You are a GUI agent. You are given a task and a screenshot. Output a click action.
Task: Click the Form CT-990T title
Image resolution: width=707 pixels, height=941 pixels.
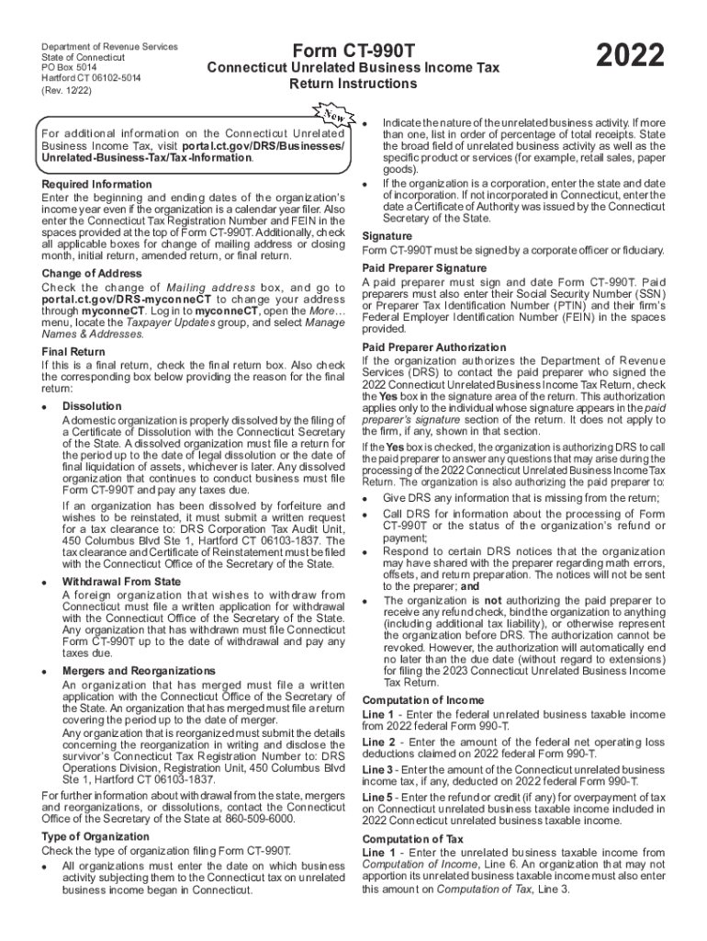pos(353,51)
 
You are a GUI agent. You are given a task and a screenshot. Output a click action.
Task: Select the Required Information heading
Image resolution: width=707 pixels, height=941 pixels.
pos(96,185)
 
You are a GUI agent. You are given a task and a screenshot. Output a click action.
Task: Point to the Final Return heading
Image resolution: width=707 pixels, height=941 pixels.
pos(73,352)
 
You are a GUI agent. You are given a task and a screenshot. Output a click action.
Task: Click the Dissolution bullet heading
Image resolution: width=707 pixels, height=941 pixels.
pos(92,406)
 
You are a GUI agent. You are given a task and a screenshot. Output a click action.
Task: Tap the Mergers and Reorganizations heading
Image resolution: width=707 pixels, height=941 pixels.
pos(139,671)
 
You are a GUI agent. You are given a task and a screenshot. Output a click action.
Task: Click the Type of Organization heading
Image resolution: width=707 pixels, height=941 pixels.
pos(95,836)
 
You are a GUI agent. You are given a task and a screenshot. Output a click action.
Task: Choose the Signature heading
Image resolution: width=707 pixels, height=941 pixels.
pos(387,236)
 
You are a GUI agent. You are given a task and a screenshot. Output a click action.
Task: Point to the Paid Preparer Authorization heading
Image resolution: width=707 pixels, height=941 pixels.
pos(434,347)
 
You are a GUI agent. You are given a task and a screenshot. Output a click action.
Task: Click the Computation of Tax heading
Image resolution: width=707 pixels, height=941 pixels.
pos(412,840)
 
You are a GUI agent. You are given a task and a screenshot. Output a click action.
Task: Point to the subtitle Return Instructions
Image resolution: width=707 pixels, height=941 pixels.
pos(353,85)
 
